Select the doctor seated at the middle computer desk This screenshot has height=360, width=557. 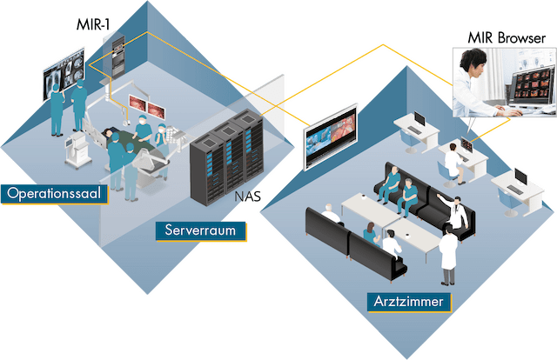coord(452,157)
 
